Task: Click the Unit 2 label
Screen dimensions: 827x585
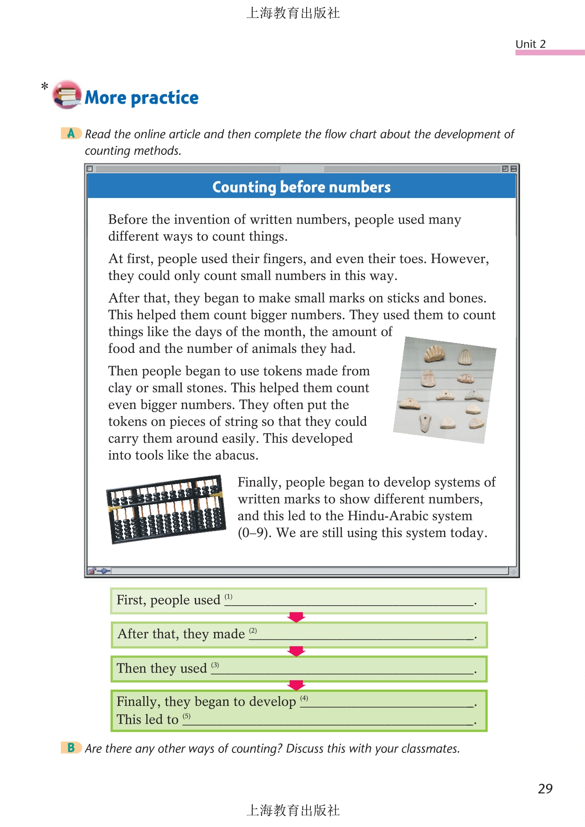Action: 530,44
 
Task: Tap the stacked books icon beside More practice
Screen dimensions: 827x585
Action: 66,95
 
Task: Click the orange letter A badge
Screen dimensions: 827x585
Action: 71,133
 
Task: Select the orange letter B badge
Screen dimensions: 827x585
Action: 71,748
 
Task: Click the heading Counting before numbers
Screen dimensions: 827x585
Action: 301,187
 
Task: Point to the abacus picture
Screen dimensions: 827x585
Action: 166,509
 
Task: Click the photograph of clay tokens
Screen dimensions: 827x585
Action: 445,390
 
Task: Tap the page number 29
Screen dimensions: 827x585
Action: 545,788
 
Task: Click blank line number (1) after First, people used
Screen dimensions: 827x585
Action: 350,602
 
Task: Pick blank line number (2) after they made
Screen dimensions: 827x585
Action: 364,635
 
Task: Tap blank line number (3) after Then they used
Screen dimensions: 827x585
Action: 346,670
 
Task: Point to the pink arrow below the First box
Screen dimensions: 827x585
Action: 296,617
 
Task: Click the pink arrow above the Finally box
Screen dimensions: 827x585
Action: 296,685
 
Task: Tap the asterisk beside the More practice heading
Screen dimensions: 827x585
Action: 44,86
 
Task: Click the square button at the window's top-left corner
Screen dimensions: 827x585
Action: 90,169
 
